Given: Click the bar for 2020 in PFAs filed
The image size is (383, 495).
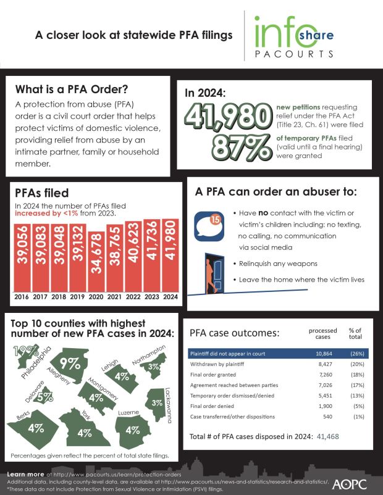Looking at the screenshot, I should click(x=97, y=259).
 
